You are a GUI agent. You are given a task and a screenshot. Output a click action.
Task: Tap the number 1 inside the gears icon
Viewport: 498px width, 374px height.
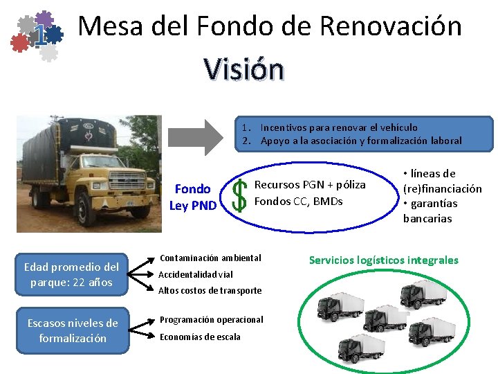(x=41, y=35)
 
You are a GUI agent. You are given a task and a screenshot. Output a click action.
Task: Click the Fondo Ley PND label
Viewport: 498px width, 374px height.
(x=193, y=197)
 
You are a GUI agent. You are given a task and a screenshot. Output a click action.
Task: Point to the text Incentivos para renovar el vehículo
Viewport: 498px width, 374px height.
(x=338, y=127)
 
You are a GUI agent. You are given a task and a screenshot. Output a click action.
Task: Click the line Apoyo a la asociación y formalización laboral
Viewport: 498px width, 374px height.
(x=360, y=141)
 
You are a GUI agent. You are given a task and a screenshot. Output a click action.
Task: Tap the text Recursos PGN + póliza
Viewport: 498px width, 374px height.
(x=310, y=185)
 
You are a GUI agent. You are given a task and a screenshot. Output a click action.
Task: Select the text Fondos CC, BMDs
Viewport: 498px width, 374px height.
(x=299, y=202)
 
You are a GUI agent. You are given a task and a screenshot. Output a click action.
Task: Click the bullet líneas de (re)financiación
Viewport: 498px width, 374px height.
(x=442, y=181)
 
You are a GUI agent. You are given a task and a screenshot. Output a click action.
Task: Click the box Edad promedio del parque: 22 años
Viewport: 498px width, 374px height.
(x=72, y=274)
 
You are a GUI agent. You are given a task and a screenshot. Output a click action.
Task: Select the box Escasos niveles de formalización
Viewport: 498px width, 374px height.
(x=73, y=330)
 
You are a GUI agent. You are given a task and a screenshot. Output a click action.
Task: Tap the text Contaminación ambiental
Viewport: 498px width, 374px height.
(x=210, y=258)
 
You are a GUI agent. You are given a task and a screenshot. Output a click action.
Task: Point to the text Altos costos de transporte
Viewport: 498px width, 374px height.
(x=210, y=290)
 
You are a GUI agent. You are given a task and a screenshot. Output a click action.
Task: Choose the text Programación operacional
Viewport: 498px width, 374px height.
(x=212, y=319)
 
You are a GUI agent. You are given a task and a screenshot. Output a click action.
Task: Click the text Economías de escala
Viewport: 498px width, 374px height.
(x=200, y=337)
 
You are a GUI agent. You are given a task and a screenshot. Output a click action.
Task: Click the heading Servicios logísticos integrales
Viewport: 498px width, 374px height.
(x=383, y=260)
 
